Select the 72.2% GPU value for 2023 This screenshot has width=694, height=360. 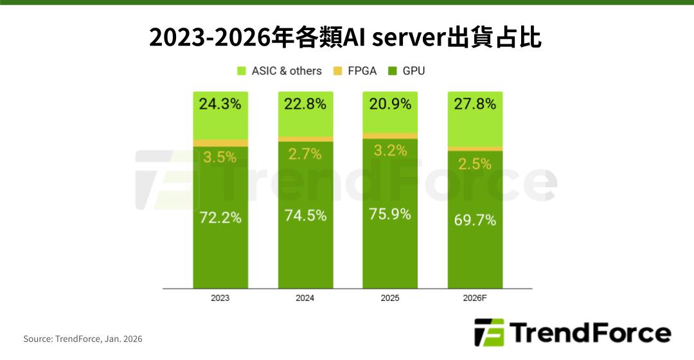[220, 217]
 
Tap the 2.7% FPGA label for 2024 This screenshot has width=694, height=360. [305, 154]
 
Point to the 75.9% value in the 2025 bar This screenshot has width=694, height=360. [390, 214]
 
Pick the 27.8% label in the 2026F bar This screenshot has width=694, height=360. [475, 104]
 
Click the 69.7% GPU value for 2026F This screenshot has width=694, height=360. [475, 221]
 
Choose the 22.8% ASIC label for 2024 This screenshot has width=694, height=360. [305, 104]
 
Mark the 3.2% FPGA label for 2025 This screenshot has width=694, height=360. [390, 151]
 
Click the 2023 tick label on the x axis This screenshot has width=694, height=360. [220, 298]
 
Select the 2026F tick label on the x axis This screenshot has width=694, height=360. [475, 298]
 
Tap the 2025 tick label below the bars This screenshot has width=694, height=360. [390, 298]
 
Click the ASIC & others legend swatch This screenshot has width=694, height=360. [242, 71]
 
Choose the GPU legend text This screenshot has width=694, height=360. [414, 71]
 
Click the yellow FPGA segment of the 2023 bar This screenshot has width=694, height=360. [220, 143]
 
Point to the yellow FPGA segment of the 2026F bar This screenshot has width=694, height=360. [475, 148]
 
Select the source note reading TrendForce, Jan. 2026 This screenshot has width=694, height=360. [83, 339]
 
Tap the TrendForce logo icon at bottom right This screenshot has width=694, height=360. [489, 333]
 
